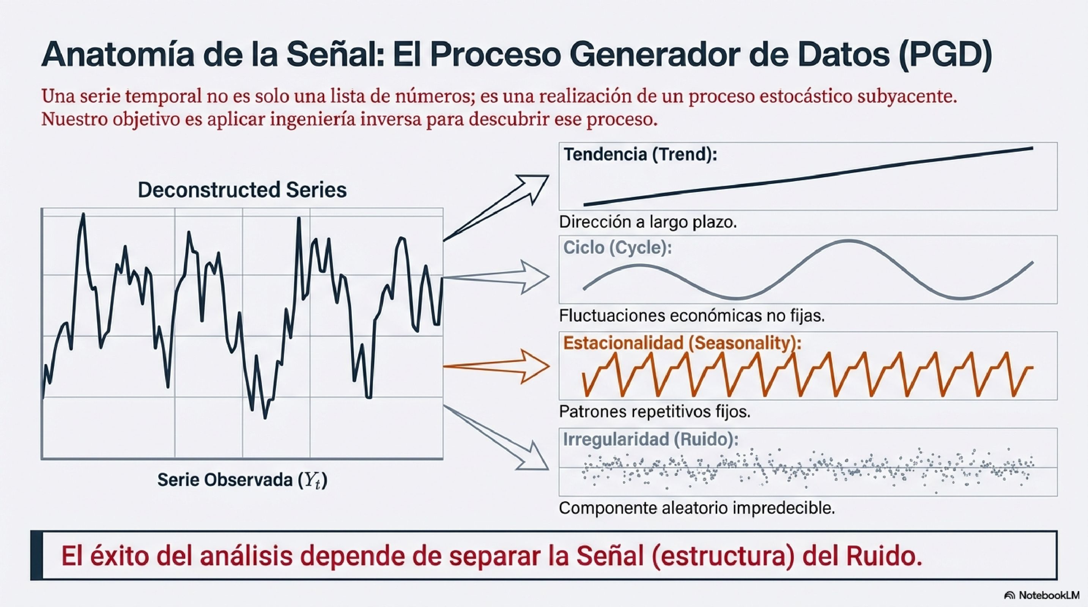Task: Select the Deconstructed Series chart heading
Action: coord(242,190)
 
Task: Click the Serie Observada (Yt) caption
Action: coord(242,480)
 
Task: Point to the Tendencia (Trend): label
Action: coord(640,154)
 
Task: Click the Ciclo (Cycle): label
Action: coord(617,248)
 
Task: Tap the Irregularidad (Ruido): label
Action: coord(650,439)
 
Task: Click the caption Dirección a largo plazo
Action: coord(647,222)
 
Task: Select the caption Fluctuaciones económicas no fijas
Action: coord(691,315)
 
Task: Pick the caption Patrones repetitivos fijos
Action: coord(654,412)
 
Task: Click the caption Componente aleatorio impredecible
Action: coord(696,508)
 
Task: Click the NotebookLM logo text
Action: coord(1049,595)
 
